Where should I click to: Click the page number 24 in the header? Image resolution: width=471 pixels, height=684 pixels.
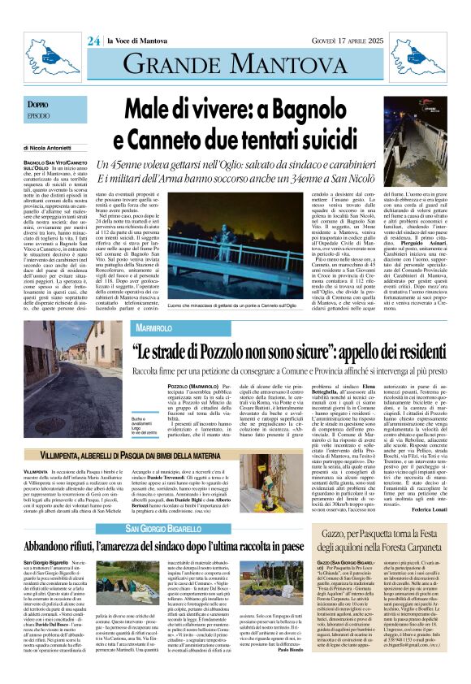coord(94,41)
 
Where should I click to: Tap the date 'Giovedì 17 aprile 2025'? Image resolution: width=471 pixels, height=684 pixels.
coord(402,41)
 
